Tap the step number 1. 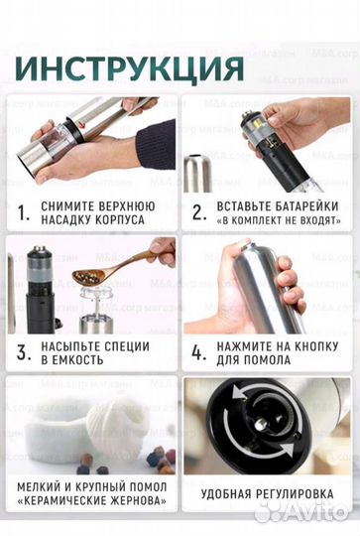(x=23, y=210)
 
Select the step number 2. (x=198, y=210)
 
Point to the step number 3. (x=23, y=353)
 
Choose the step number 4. (x=198, y=353)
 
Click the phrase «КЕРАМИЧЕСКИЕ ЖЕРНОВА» (x=90, y=501)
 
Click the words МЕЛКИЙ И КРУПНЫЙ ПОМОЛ (x=90, y=485)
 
